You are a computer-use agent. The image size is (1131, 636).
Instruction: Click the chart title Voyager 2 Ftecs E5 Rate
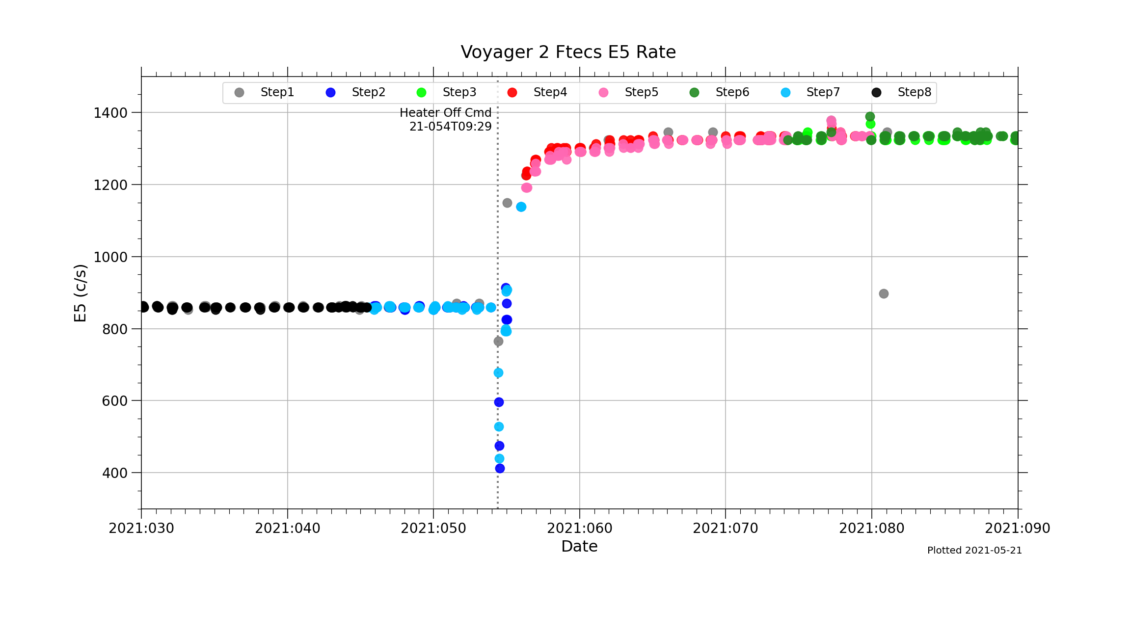pos(568,52)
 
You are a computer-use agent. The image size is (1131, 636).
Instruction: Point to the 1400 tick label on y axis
pos(110,113)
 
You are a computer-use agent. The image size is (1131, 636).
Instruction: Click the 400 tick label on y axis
pos(114,473)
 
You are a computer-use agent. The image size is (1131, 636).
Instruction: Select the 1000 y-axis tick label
pos(110,257)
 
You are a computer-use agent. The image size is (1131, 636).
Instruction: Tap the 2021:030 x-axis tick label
pos(141,529)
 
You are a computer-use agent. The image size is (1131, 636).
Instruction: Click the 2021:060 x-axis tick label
pos(579,529)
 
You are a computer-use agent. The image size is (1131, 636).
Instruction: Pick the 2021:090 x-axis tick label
pos(1017,529)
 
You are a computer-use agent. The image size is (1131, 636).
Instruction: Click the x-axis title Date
pos(579,546)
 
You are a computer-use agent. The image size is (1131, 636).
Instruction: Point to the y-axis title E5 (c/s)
pos(80,293)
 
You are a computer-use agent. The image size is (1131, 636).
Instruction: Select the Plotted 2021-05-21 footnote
pos(974,551)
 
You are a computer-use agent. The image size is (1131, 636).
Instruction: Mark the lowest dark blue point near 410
pos(500,468)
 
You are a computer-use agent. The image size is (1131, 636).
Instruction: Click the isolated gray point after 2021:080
pos(884,293)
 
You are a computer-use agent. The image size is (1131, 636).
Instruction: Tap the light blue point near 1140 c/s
pos(521,207)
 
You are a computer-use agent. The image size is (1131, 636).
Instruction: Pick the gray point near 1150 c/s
pos(507,203)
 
